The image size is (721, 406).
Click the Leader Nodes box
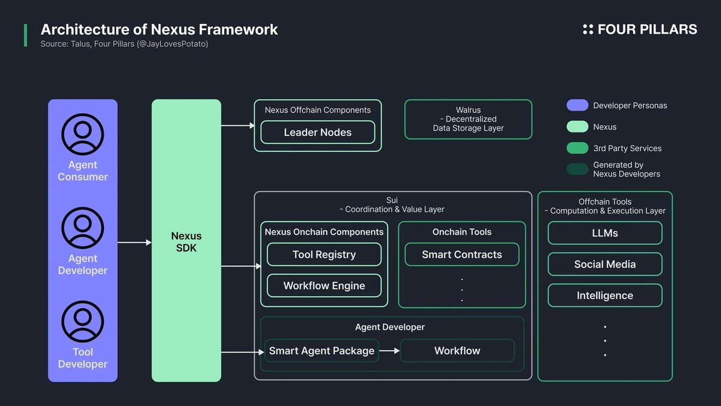[317, 132]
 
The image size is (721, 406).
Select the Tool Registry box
[324, 254]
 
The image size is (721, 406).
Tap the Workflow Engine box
[324, 286]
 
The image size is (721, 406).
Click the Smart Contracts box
[461, 254]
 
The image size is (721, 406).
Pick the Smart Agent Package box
[321, 351]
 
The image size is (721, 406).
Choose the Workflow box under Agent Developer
[457, 351]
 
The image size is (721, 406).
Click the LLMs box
[604, 233]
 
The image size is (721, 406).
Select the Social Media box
[604, 264]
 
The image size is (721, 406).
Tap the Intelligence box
[604, 295]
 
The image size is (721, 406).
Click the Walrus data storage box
[468, 119]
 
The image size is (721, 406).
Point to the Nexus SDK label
[186, 242]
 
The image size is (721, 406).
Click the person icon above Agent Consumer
[83, 134]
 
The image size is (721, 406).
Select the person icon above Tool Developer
[83, 322]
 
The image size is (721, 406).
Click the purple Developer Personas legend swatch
[577, 105]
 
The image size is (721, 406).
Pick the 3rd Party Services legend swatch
[577, 148]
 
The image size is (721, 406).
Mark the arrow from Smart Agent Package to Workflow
[389, 351]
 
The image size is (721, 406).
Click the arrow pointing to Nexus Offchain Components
[239, 126]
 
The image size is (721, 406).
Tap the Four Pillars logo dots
[588, 29]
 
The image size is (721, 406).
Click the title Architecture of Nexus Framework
[159, 29]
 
